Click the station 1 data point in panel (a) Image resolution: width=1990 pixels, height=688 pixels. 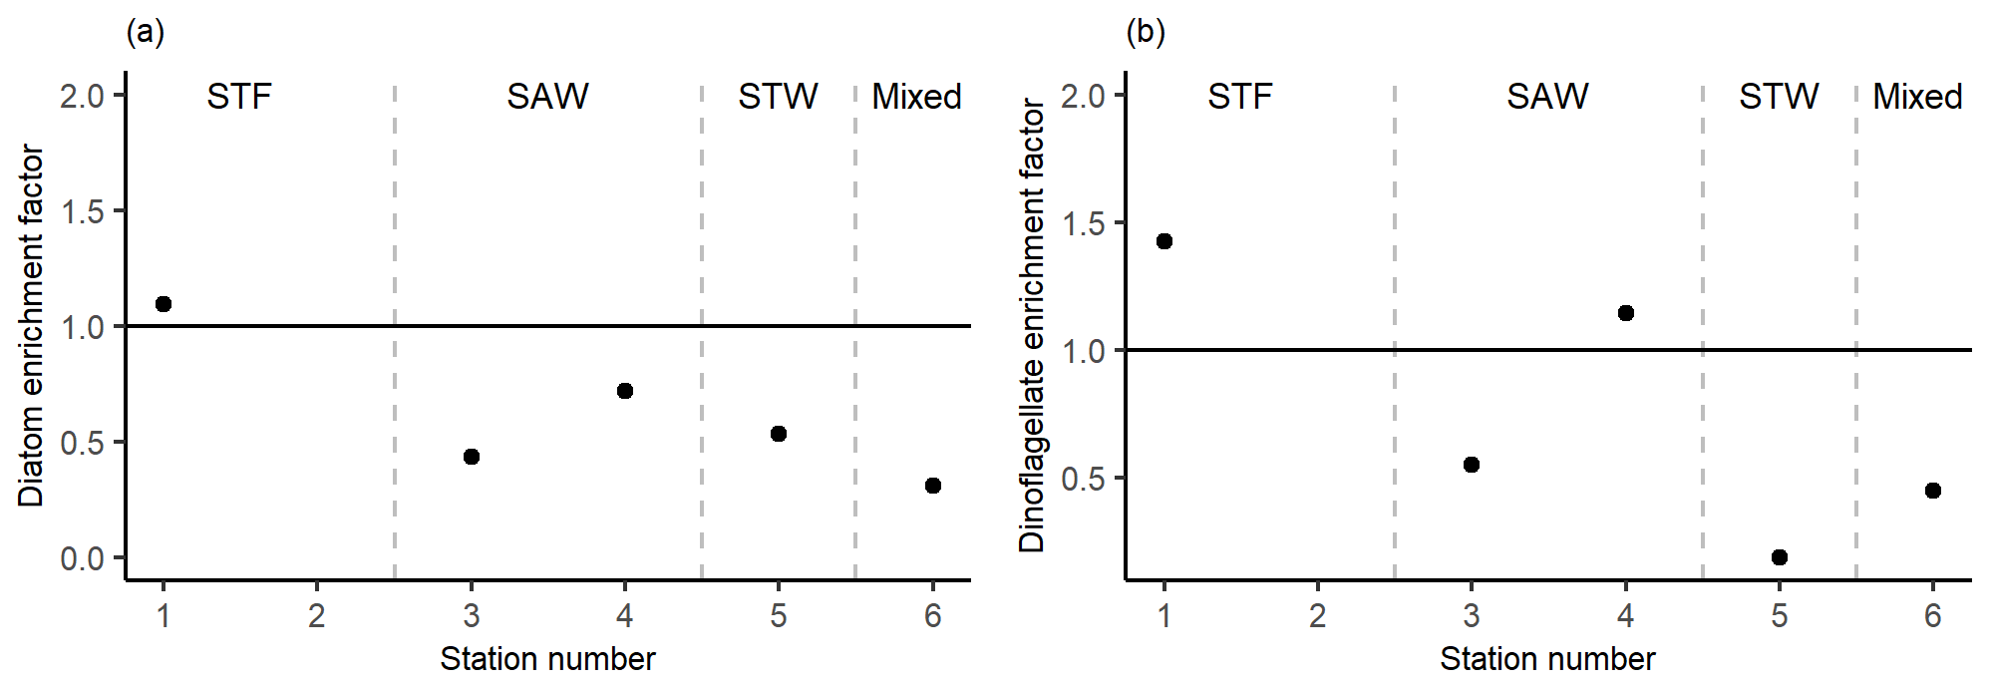pos(164,304)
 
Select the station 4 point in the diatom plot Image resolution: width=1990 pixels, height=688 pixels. pos(625,391)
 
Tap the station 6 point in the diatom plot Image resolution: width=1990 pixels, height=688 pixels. pos(933,486)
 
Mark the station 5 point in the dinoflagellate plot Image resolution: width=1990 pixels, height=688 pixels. pos(1780,557)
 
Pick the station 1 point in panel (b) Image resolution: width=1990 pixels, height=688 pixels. pos(1164,241)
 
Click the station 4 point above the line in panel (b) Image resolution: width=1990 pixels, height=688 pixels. pos(1626,313)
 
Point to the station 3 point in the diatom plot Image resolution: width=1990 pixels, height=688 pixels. pos(472,457)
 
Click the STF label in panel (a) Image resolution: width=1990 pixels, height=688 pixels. pos(239,97)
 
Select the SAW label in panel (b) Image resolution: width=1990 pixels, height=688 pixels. pos(1547,97)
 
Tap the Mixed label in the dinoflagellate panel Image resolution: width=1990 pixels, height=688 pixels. pos(1917,97)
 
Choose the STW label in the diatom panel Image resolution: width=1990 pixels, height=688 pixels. pos(778,97)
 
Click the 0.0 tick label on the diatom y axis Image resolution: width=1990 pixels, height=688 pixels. pos(83,558)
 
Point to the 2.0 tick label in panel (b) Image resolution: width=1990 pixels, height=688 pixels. pos(1084,97)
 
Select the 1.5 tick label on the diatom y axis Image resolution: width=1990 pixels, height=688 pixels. pos(83,211)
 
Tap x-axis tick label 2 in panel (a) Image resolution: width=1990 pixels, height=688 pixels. pos(317,616)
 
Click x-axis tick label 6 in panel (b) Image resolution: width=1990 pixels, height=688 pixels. pos(1933,616)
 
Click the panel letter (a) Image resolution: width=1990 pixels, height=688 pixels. pos(146,32)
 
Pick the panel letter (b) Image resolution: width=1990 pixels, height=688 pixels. pos(1146,32)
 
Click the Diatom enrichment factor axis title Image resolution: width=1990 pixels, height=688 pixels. pos(32,325)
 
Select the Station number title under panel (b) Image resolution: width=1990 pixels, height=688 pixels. pos(1547,659)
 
